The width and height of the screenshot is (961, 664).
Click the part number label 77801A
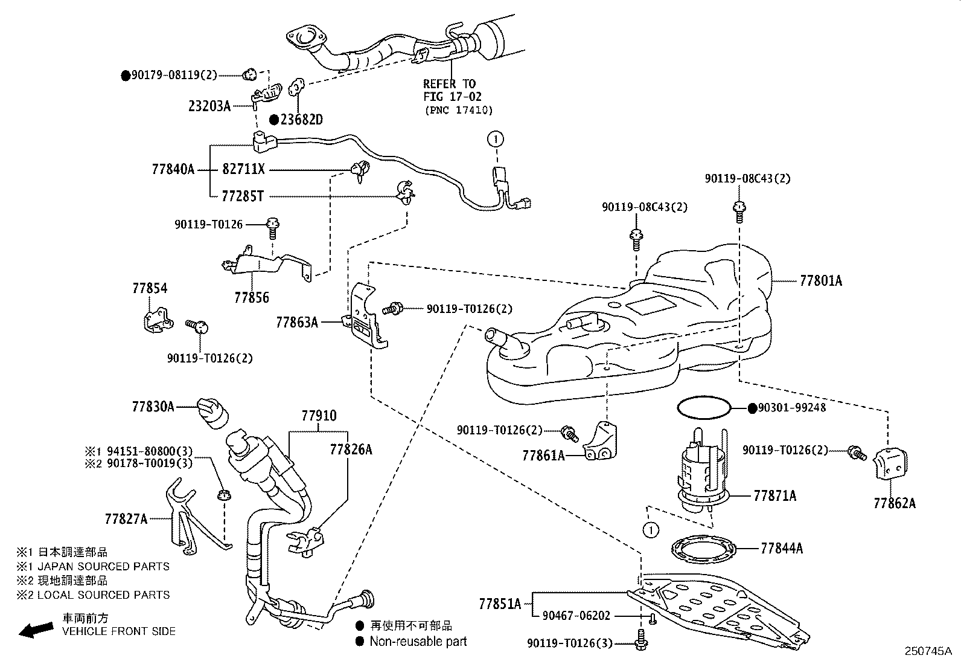click(x=821, y=281)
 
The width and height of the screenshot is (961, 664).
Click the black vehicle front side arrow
click(x=36, y=630)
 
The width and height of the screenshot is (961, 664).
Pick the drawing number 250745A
click(x=928, y=651)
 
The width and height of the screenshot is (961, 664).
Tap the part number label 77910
click(x=319, y=416)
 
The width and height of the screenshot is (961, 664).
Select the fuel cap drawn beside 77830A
click(x=213, y=413)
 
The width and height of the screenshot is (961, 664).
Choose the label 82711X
click(x=243, y=169)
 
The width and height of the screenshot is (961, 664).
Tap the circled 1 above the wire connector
click(x=496, y=139)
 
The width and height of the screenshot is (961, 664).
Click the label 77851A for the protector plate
click(x=500, y=604)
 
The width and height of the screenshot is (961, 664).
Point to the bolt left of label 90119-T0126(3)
click(x=641, y=639)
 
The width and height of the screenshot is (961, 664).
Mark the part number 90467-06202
click(x=576, y=616)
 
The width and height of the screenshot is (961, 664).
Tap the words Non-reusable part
click(x=418, y=641)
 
